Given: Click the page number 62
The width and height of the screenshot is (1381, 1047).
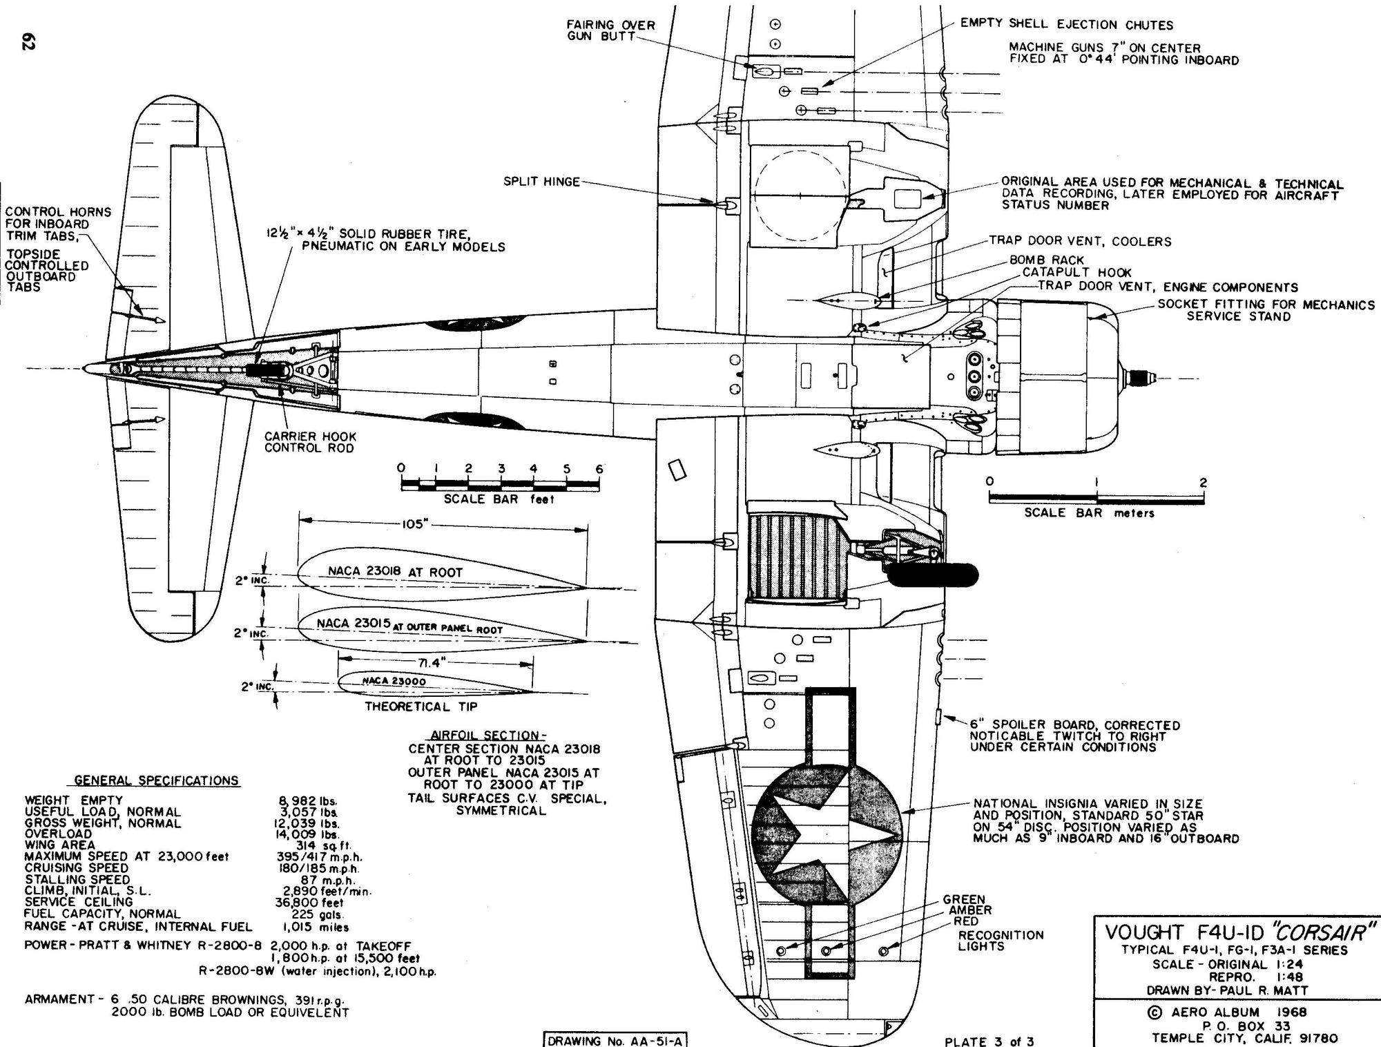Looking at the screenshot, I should click(x=28, y=41).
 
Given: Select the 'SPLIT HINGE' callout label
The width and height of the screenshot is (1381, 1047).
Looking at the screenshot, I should click(x=541, y=182).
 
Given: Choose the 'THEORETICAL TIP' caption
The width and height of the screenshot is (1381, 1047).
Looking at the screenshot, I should click(x=421, y=707).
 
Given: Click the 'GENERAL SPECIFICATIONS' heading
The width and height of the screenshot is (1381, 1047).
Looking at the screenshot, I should click(x=156, y=780).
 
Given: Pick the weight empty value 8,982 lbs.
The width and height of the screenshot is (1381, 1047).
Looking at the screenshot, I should click(x=307, y=801).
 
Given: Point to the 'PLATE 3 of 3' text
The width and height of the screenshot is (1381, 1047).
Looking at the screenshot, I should click(x=989, y=1041).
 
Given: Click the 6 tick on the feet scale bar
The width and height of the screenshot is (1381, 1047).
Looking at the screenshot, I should click(x=599, y=470).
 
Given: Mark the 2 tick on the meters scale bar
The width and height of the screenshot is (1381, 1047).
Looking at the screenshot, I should click(x=1203, y=483).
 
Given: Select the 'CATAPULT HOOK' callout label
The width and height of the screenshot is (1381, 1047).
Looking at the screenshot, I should click(x=1076, y=273).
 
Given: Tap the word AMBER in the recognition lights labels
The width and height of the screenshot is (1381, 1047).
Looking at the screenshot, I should click(x=969, y=910).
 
